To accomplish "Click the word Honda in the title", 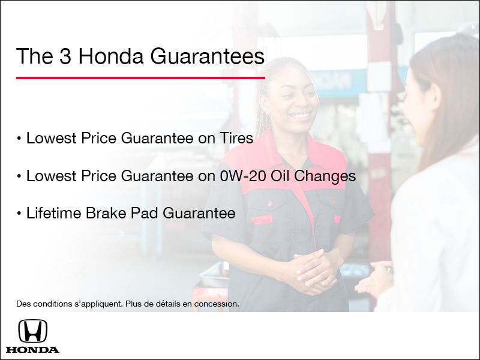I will [x=111, y=56].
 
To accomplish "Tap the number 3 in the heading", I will [x=65, y=56].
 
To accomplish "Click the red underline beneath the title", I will [x=140, y=77].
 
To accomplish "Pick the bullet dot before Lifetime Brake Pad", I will [x=19, y=214].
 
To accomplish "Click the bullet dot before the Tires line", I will [x=19, y=139].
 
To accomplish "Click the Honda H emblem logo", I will [x=32, y=331].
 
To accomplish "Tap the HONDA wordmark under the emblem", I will [x=32, y=349].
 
